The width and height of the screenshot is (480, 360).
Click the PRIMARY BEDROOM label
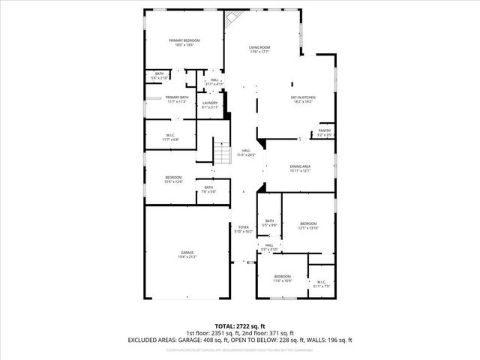pos(184,40)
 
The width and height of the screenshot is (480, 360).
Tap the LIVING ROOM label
pos(259,48)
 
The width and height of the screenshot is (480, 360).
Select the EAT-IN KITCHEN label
pos(303,97)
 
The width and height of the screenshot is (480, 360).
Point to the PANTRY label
pos(325,130)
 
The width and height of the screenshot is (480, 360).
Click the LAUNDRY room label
pos(210,103)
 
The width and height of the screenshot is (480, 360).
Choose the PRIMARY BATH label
pos(176,97)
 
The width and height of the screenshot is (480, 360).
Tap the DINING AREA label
pos(300,166)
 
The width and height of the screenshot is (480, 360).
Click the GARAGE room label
pos(187,253)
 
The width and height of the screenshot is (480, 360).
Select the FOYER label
pos(244,227)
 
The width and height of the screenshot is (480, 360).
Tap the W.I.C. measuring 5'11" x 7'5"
pos(320,283)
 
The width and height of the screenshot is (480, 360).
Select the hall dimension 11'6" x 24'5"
pos(246,155)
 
